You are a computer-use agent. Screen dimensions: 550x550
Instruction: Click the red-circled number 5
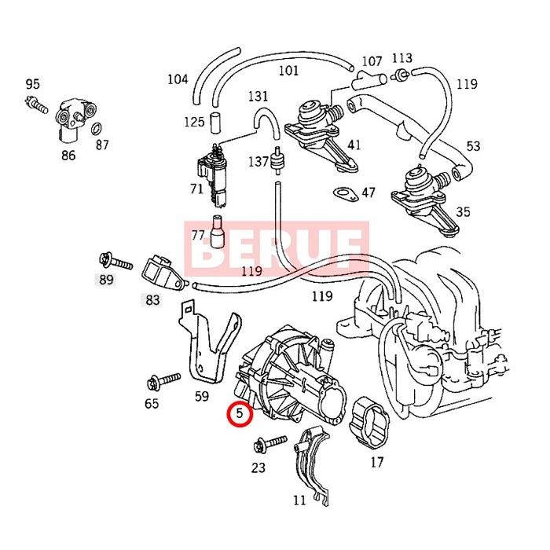click(x=240, y=412)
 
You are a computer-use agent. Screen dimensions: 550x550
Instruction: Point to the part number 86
click(x=68, y=155)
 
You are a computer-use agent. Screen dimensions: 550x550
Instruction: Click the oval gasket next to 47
click(x=343, y=192)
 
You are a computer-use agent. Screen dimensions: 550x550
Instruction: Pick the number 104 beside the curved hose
click(x=178, y=79)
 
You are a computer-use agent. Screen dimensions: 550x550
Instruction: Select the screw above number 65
click(x=156, y=384)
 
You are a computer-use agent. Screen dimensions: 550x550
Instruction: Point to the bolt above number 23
click(x=262, y=446)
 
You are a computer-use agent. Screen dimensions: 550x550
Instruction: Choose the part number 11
click(x=299, y=500)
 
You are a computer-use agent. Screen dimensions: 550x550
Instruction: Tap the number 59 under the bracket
click(x=202, y=397)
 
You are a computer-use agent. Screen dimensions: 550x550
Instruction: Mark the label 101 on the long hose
click(x=288, y=71)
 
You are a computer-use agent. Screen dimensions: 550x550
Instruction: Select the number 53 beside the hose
click(x=473, y=146)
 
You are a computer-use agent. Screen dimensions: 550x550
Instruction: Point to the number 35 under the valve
click(x=463, y=211)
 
